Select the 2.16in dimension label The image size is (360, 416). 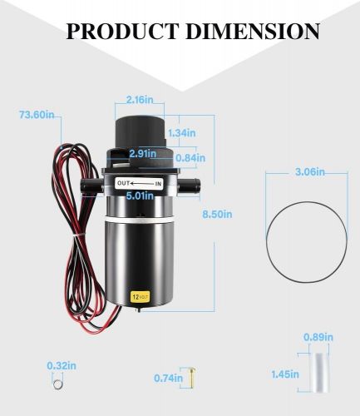139,99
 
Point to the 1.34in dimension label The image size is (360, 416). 181,132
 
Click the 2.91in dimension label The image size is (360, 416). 144,153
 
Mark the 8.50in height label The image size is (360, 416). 217,214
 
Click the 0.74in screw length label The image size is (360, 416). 168,378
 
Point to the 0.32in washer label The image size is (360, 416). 57,364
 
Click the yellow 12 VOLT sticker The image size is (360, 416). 140,295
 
